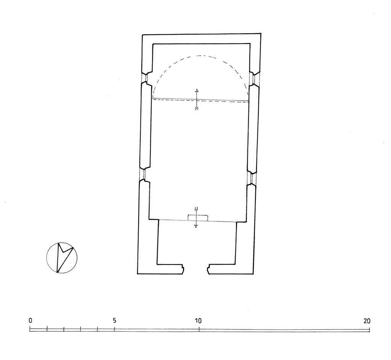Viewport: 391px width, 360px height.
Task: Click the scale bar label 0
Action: pyautogui.click(x=31, y=321)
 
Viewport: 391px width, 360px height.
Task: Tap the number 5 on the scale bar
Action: pyautogui.click(x=115, y=321)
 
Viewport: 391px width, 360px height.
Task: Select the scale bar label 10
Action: pyautogui.click(x=198, y=321)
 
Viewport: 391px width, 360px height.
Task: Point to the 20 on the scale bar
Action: pyautogui.click(x=367, y=321)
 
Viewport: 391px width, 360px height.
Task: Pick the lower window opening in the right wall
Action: pyautogui.click(x=252, y=178)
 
